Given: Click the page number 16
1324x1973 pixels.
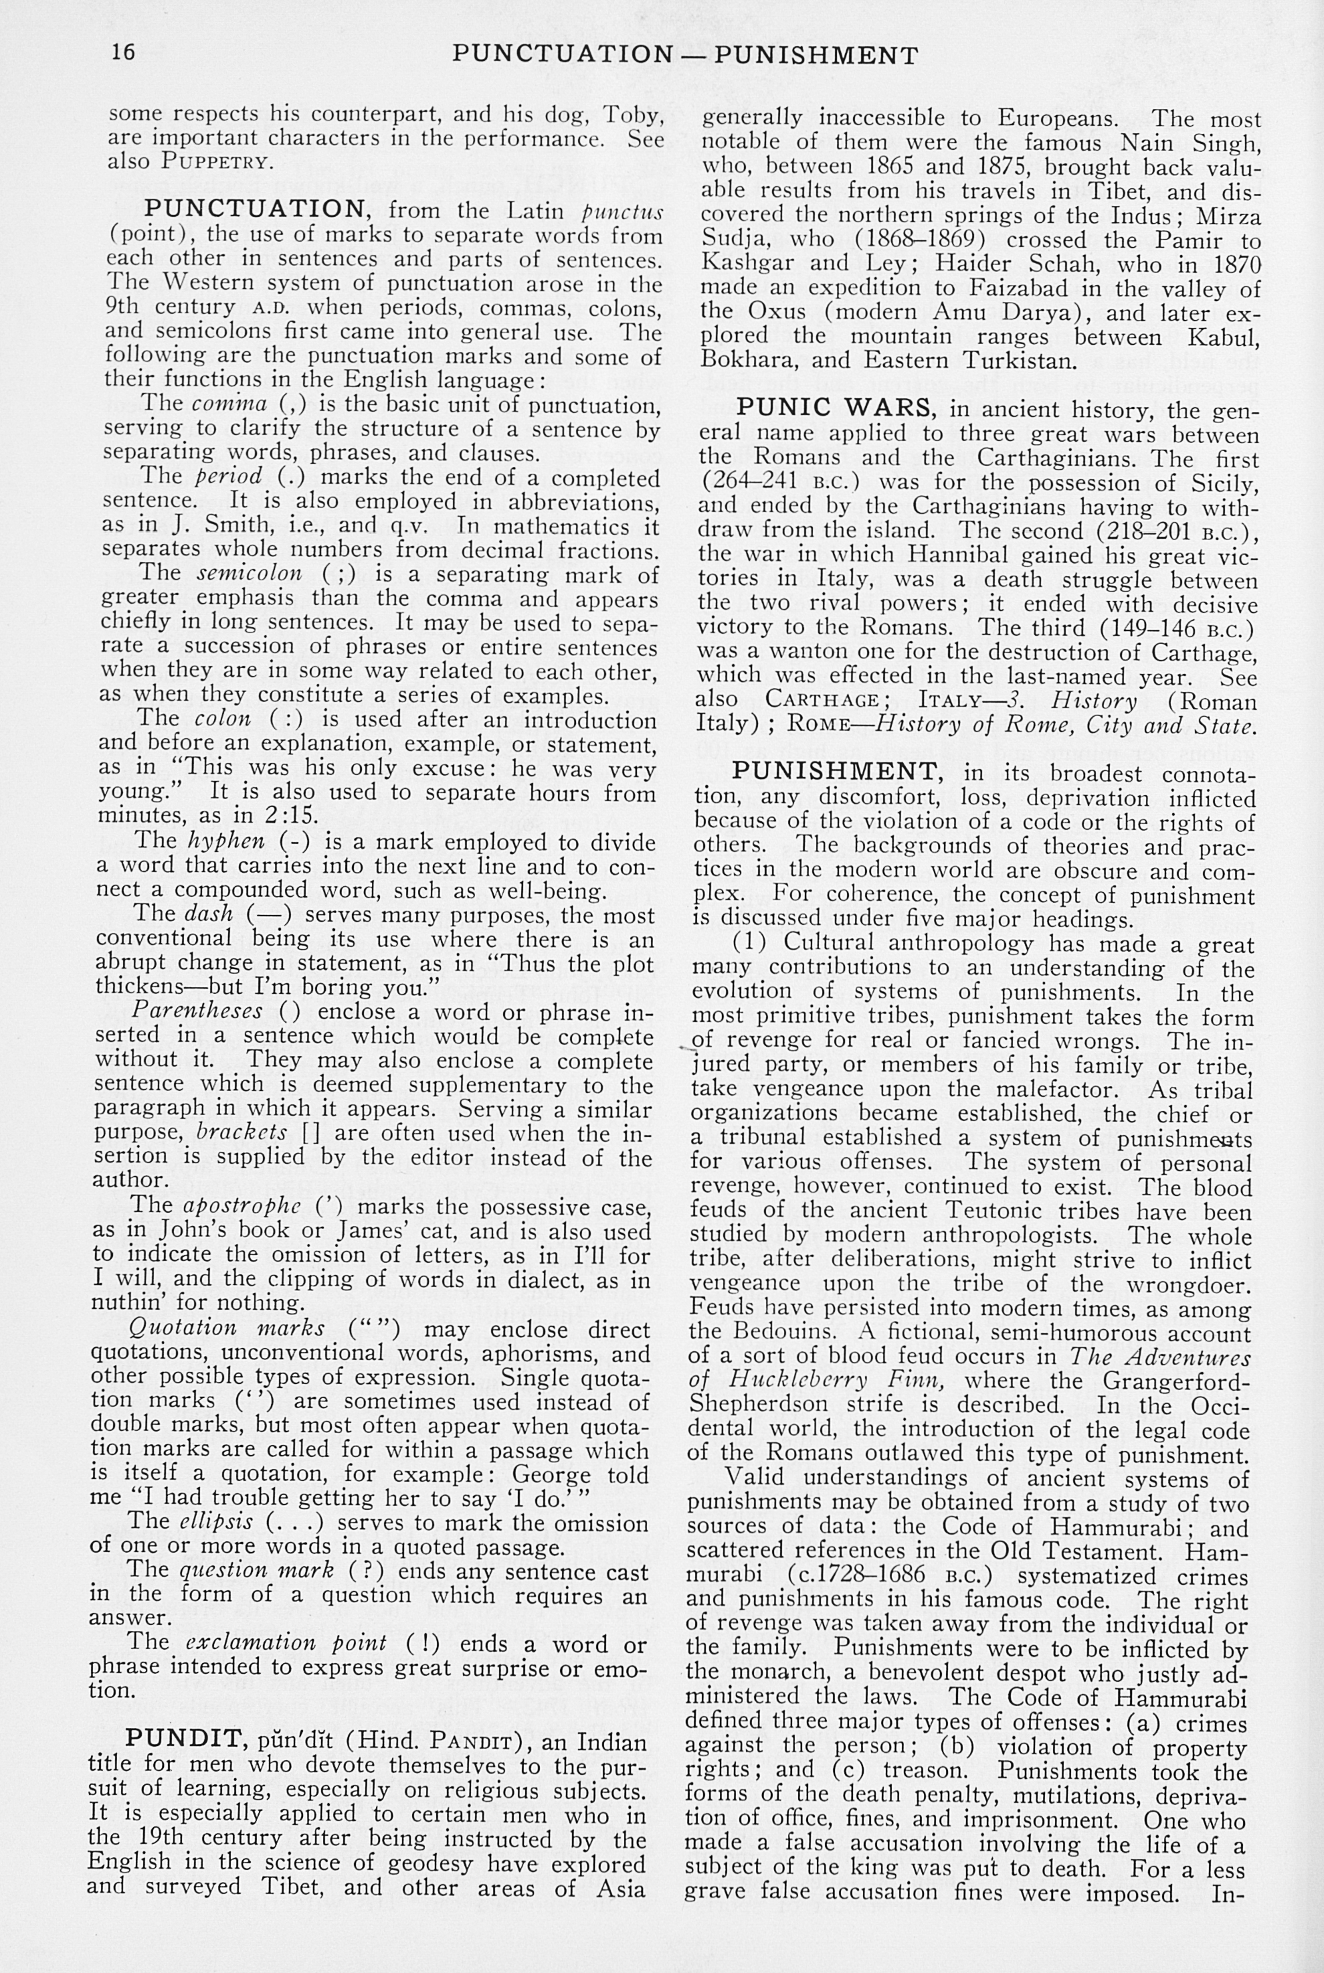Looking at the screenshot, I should coord(123,52).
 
